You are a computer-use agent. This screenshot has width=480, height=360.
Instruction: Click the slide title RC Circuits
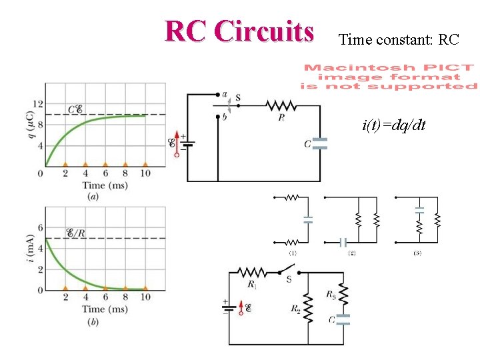pyautogui.click(x=239, y=31)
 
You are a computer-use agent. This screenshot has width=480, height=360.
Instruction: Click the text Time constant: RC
pyautogui.click(x=399, y=40)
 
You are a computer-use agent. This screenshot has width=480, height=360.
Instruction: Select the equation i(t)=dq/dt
pyautogui.click(x=394, y=125)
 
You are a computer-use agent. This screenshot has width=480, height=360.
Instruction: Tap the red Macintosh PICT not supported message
pyautogui.click(x=389, y=77)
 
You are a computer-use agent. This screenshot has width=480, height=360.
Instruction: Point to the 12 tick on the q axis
pyautogui.click(x=38, y=104)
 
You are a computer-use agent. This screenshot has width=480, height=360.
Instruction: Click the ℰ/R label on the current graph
pyautogui.click(x=75, y=233)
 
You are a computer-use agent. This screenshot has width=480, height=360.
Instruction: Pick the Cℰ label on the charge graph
pyautogui.click(x=75, y=109)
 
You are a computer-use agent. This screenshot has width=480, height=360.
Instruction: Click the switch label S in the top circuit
pyautogui.click(x=238, y=98)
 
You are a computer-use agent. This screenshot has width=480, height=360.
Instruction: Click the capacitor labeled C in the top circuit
pyautogui.click(x=321, y=143)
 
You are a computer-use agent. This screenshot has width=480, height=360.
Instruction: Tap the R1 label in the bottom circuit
pyautogui.click(x=251, y=285)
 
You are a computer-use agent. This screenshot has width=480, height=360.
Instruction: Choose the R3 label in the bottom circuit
pyautogui.click(x=331, y=294)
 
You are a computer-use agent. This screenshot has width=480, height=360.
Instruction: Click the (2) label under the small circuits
pyautogui.click(x=351, y=254)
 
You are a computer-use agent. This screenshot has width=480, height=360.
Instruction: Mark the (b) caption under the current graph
pyautogui.click(x=93, y=322)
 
